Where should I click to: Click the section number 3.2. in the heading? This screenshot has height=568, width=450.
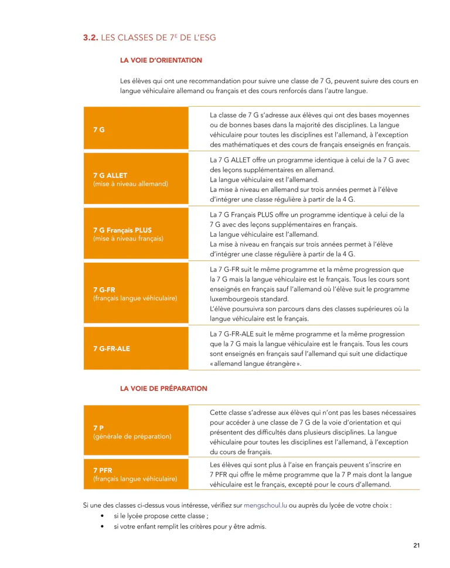point(91,38)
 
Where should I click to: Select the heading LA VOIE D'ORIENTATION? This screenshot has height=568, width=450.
point(161,60)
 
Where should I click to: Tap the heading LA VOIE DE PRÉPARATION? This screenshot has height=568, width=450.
point(163,388)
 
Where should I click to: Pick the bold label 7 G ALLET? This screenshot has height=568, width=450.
point(110,175)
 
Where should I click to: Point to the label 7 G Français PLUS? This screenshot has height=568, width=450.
point(122,230)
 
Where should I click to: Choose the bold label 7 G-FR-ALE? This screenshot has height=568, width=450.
point(111,348)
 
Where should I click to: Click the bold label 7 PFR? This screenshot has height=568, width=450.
point(103,470)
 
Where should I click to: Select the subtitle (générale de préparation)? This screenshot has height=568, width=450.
point(132,436)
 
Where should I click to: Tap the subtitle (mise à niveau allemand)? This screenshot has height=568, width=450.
point(131,183)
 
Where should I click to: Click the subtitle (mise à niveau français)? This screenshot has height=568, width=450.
point(128,239)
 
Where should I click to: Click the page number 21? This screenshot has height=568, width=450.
point(416,546)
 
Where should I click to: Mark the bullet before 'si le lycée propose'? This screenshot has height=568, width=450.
point(103,516)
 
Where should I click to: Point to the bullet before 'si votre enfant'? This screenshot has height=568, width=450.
point(103,526)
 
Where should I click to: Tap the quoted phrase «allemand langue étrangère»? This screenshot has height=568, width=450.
point(255,363)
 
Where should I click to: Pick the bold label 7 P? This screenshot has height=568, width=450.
point(98,427)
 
